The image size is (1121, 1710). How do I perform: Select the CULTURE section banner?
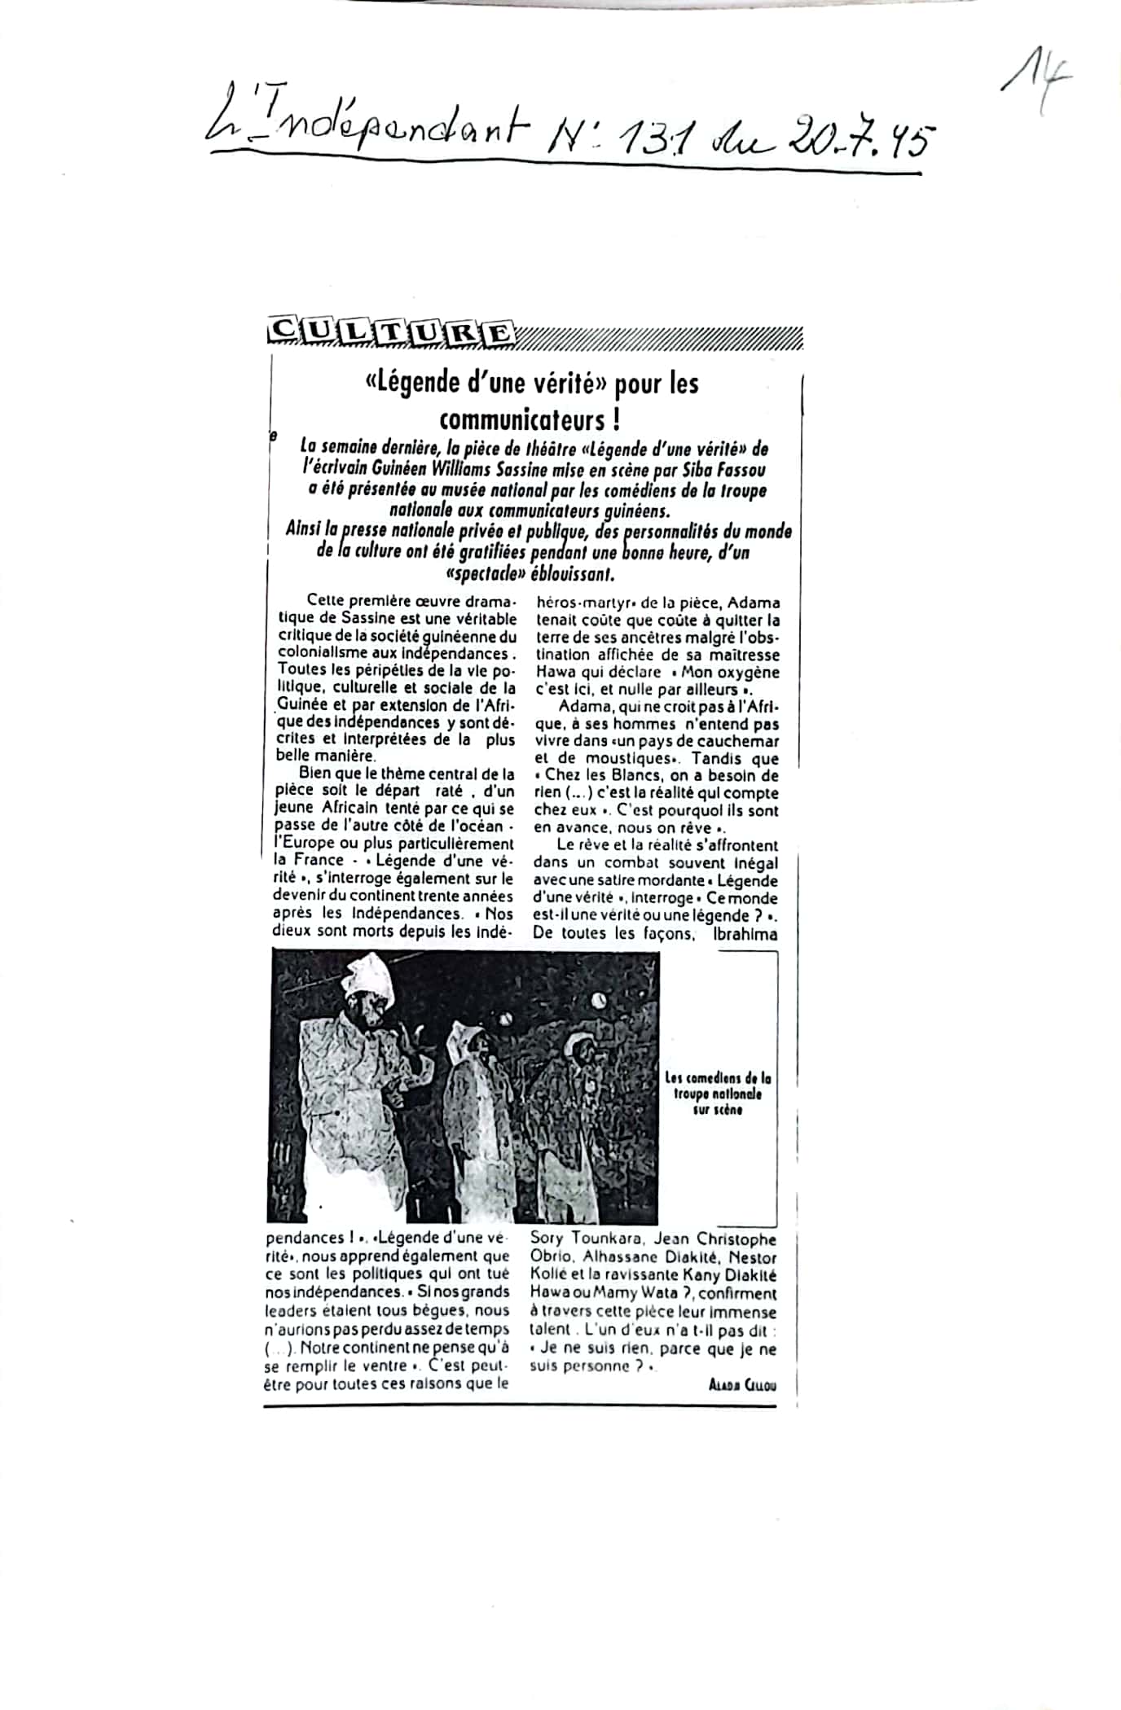[x=391, y=332]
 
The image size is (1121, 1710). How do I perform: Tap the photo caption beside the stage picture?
[x=718, y=1093]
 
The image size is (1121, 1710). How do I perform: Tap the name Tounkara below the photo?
[x=604, y=1240]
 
